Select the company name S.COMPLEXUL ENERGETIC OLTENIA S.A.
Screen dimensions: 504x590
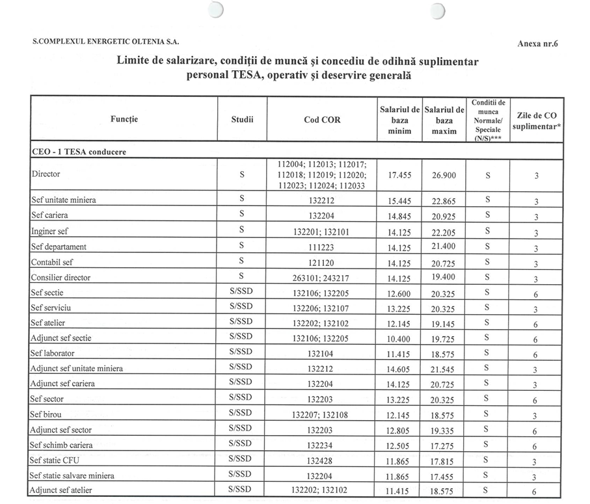coord(105,42)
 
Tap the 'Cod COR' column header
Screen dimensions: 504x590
coord(321,120)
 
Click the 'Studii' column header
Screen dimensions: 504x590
coord(241,120)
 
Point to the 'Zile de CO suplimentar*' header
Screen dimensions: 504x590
coord(537,120)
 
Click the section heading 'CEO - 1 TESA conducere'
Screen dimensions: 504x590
coord(79,151)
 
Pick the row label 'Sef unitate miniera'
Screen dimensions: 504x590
coord(63,200)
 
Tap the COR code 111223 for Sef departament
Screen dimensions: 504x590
coord(321,247)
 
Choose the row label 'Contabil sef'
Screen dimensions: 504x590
coord(53,262)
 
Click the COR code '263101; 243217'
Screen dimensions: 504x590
coord(321,278)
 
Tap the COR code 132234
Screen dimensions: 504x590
coord(321,445)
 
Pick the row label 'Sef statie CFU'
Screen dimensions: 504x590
coord(55,460)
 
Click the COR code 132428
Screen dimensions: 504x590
coord(321,460)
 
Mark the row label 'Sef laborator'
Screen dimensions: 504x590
coord(53,353)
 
